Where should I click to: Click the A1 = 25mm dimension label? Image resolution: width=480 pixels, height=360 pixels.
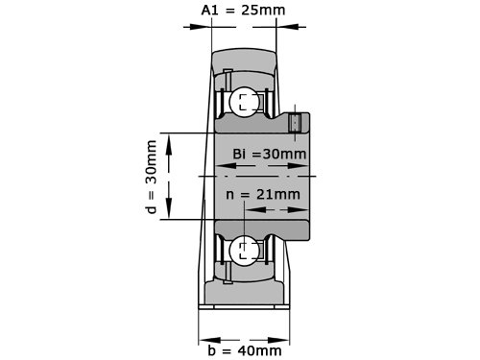coord(243,10)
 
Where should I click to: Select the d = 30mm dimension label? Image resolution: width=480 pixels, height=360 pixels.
coord(152,177)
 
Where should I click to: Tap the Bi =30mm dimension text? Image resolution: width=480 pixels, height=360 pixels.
coord(270,154)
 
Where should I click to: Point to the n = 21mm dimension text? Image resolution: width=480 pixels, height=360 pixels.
coord(263,194)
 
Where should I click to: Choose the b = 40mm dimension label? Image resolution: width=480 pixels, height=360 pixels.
coord(245,350)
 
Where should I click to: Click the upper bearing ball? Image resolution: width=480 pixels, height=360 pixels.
coord(245,102)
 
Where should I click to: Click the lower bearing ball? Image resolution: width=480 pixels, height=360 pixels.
coord(245,251)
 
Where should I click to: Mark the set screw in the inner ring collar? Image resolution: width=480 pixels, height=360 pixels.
coord(295,123)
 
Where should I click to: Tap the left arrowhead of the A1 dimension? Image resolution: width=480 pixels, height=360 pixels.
coord(200,27)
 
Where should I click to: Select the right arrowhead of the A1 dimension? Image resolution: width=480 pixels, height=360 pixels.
coord(287,27)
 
